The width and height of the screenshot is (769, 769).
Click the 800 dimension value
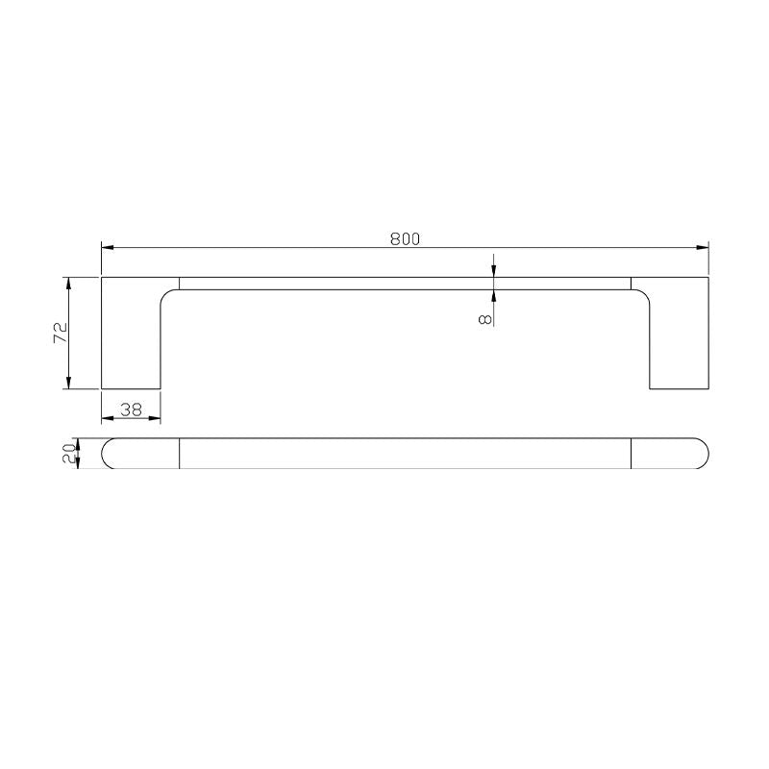405,239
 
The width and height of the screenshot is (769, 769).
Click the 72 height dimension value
60,333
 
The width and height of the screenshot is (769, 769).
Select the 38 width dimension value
131,409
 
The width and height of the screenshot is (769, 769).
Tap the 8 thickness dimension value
484,316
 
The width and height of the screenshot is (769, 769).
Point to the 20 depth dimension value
68,453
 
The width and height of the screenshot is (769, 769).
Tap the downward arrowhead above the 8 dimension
493,272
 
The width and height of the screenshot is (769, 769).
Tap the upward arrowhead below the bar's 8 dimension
493,294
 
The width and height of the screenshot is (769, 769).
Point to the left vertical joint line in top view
180,453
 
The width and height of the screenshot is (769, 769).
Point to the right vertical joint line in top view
631,453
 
